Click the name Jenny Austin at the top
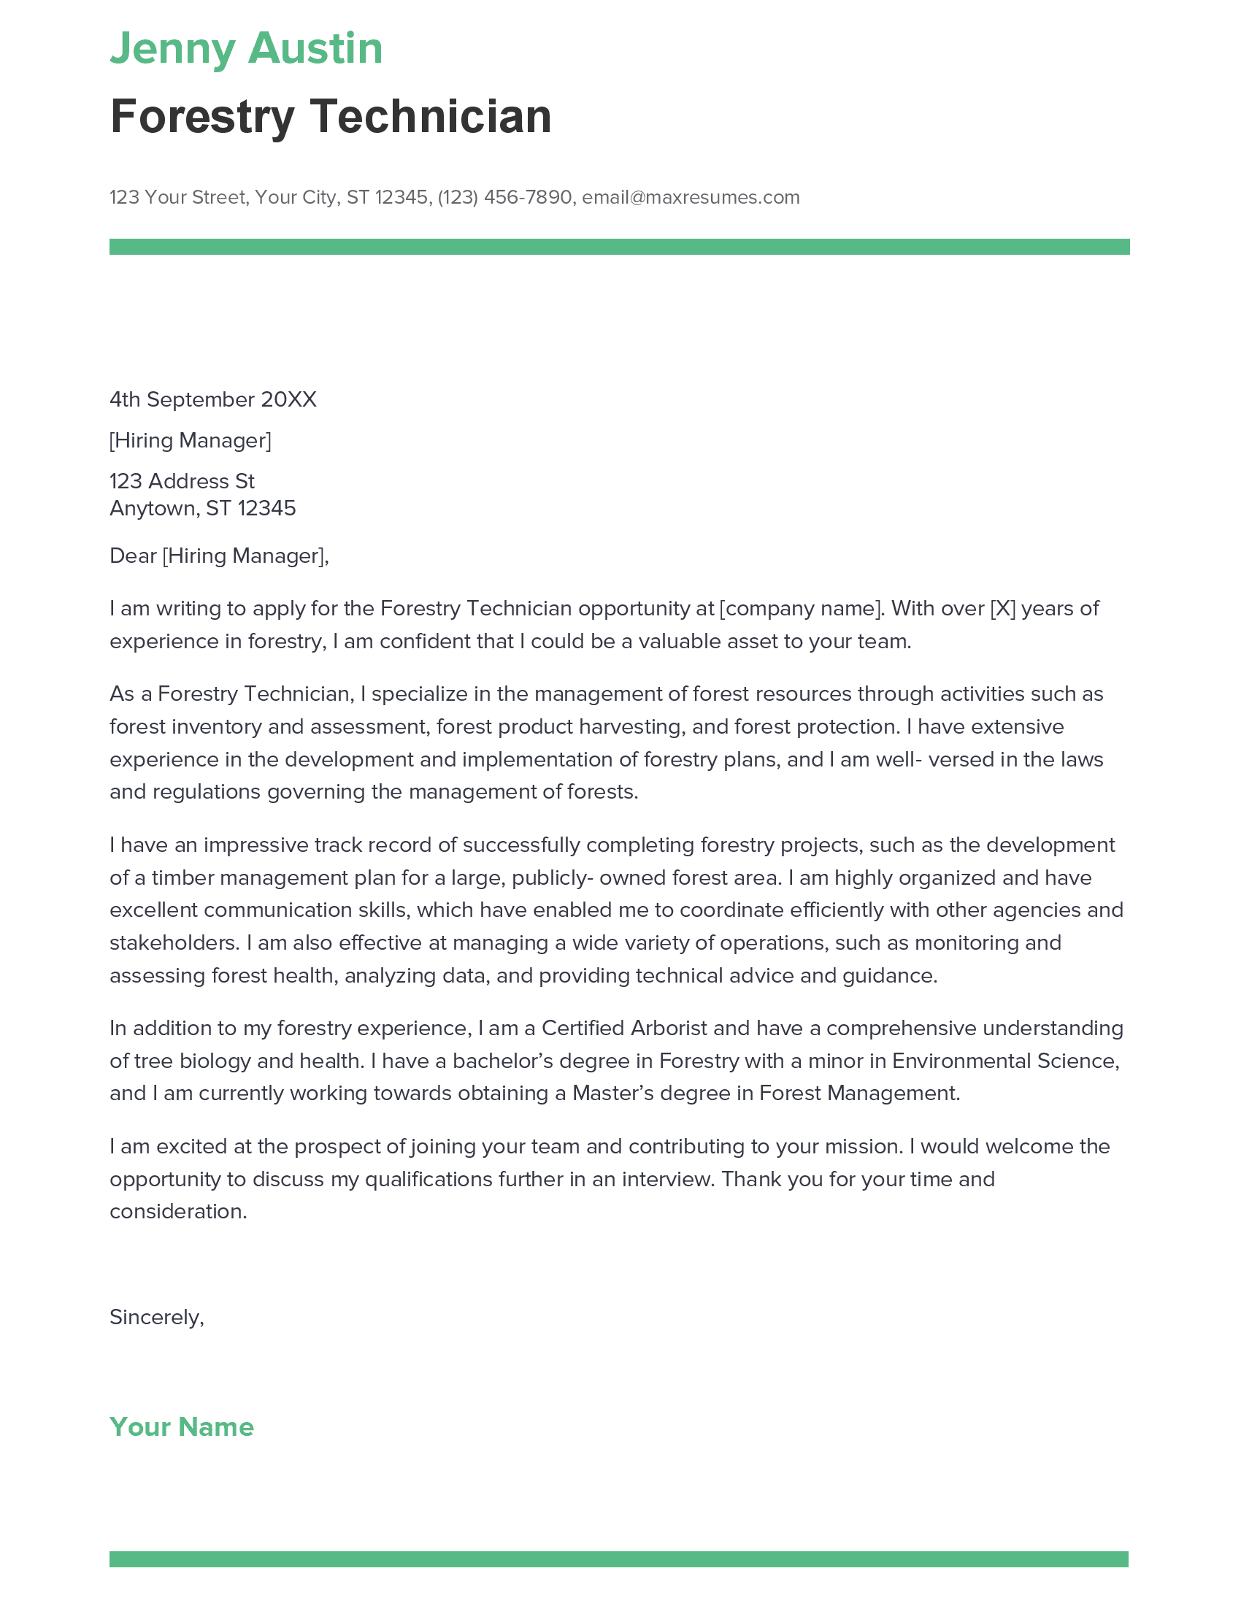pos(246,48)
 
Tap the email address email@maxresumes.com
pos(691,197)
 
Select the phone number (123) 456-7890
pos(504,197)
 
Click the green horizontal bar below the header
pos(619,246)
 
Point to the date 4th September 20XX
pos(212,399)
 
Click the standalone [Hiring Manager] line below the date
pos(190,440)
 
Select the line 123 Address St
pos(182,481)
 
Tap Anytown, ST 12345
pos(202,508)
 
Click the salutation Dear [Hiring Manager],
pos(219,556)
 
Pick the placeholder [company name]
pos(801,608)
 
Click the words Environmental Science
pos(1005,1061)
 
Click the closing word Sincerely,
pos(157,1317)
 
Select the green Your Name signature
pos(182,1426)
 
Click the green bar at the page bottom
pos(619,1559)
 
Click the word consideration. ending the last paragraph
pos(178,1211)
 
